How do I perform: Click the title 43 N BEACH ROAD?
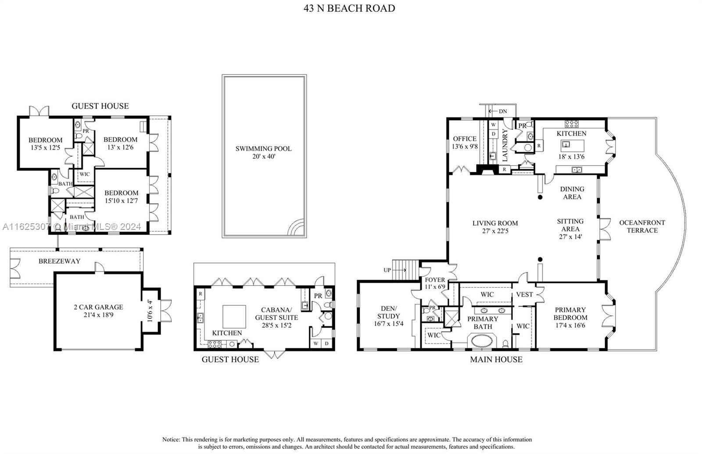tap(349, 8)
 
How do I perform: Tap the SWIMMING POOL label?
tap(264, 149)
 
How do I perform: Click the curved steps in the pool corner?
tap(296, 227)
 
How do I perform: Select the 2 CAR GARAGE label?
tap(98, 307)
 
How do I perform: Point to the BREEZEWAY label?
tap(60, 261)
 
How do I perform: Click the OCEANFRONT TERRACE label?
tap(642, 226)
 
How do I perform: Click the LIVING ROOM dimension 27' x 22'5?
tap(495, 231)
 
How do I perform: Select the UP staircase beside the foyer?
tap(405, 270)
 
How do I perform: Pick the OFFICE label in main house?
tap(465, 139)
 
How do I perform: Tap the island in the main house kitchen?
tap(572, 146)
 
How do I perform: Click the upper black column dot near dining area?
tap(540, 197)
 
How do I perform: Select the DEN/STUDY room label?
tap(389, 312)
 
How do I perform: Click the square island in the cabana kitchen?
tap(234, 316)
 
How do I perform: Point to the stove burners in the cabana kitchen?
tap(215, 344)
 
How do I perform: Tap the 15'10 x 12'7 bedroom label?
tap(121, 200)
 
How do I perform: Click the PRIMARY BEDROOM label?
tap(570, 314)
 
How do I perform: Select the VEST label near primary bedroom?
tap(525, 294)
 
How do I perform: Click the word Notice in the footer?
tap(171, 440)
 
